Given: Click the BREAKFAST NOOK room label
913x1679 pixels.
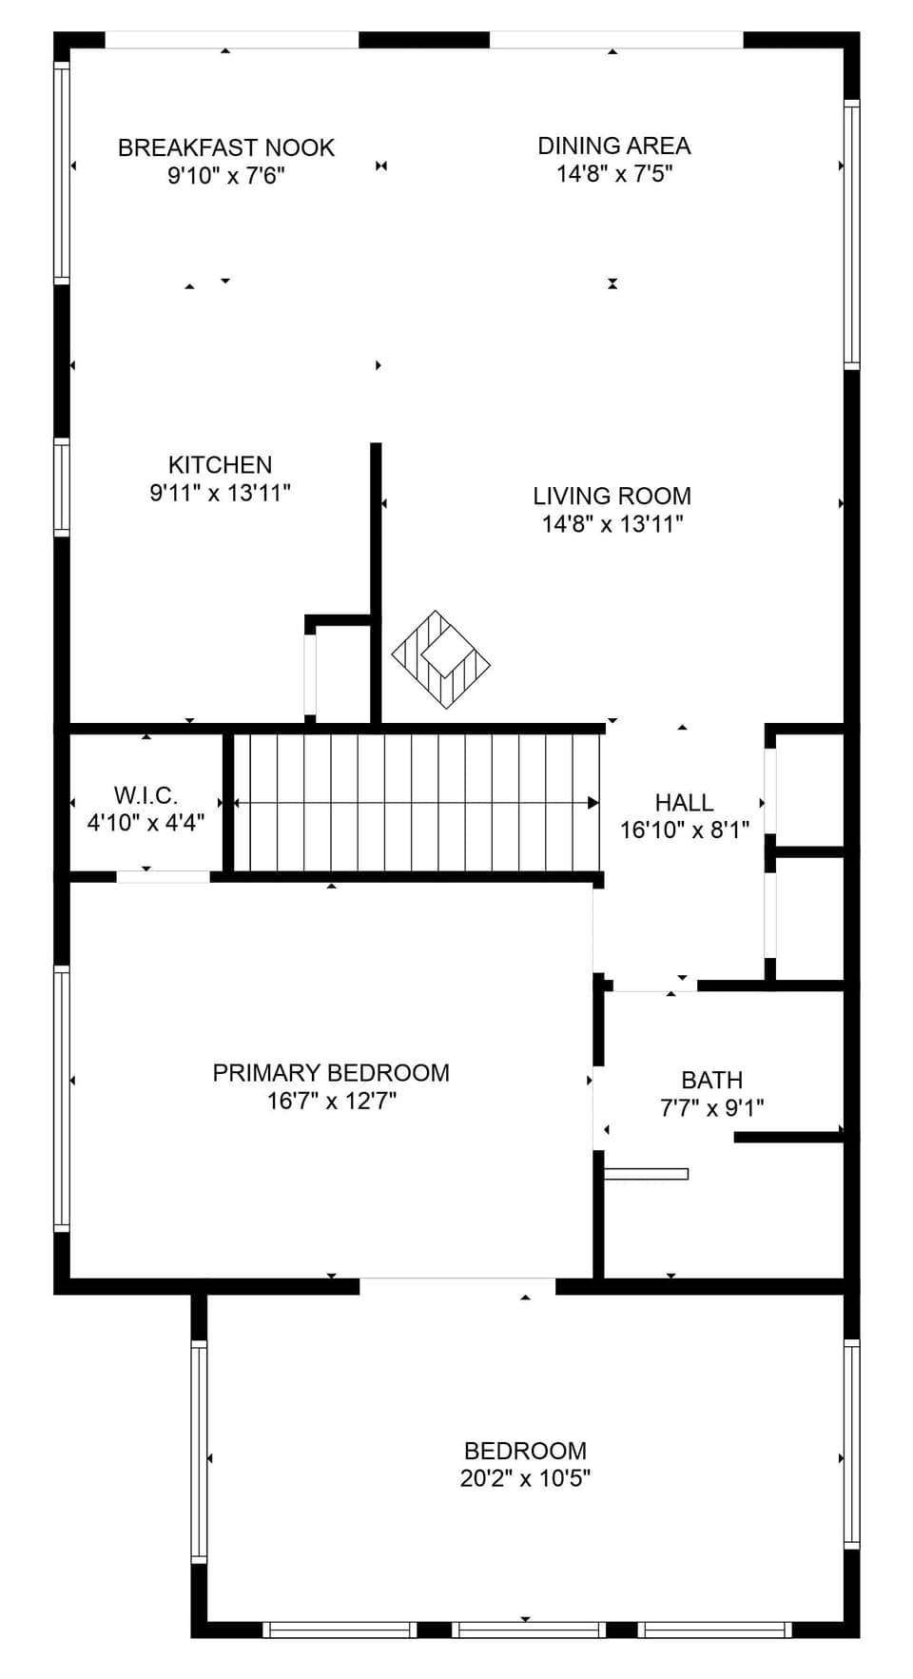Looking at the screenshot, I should pyautogui.click(x=225, y=147).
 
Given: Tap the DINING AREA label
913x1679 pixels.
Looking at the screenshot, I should pyautogui.click(x=613, y=146).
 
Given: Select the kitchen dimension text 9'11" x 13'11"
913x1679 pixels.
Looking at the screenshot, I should pyautogui.click(x=220, y=493).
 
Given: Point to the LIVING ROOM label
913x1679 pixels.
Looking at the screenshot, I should pyautogui.click(x=612, y=496).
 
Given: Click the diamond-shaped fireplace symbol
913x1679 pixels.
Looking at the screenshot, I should pyautogui.click(x=441, y=659).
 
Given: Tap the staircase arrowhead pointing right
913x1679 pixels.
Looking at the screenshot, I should pyautogui.click(x=593, y=803).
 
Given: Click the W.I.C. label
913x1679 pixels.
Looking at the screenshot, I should pyautogui.click(x=146, y=795).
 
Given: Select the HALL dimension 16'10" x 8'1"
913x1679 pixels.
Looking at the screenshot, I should pyautogui.click(x=685, y=830).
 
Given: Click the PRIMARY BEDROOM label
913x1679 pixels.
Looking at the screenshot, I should pyautogui.click(x=331, y=1073).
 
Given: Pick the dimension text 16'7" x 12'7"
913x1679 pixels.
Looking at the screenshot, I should pyautogui.click(x=331, y=1101).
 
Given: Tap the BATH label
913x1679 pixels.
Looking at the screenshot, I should pyautogui.click(x=711, y=1081).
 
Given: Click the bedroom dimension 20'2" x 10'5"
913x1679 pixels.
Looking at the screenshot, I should pyautogui.click(x=525, y=1478).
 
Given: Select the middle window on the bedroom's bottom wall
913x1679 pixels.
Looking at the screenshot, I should pyautogui.click(x=528, y=1630).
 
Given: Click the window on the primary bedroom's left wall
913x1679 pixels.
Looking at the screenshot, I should pyautogui.click(x=62, y=1099).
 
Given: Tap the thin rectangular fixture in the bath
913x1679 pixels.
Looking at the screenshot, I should pyautogui.click(x=646, y=1174).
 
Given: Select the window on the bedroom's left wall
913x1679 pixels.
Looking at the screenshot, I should pyautogui.click(x=199, y=1451).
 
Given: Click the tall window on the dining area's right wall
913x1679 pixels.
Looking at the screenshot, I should pyautogui.click(x=851, y=234).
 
